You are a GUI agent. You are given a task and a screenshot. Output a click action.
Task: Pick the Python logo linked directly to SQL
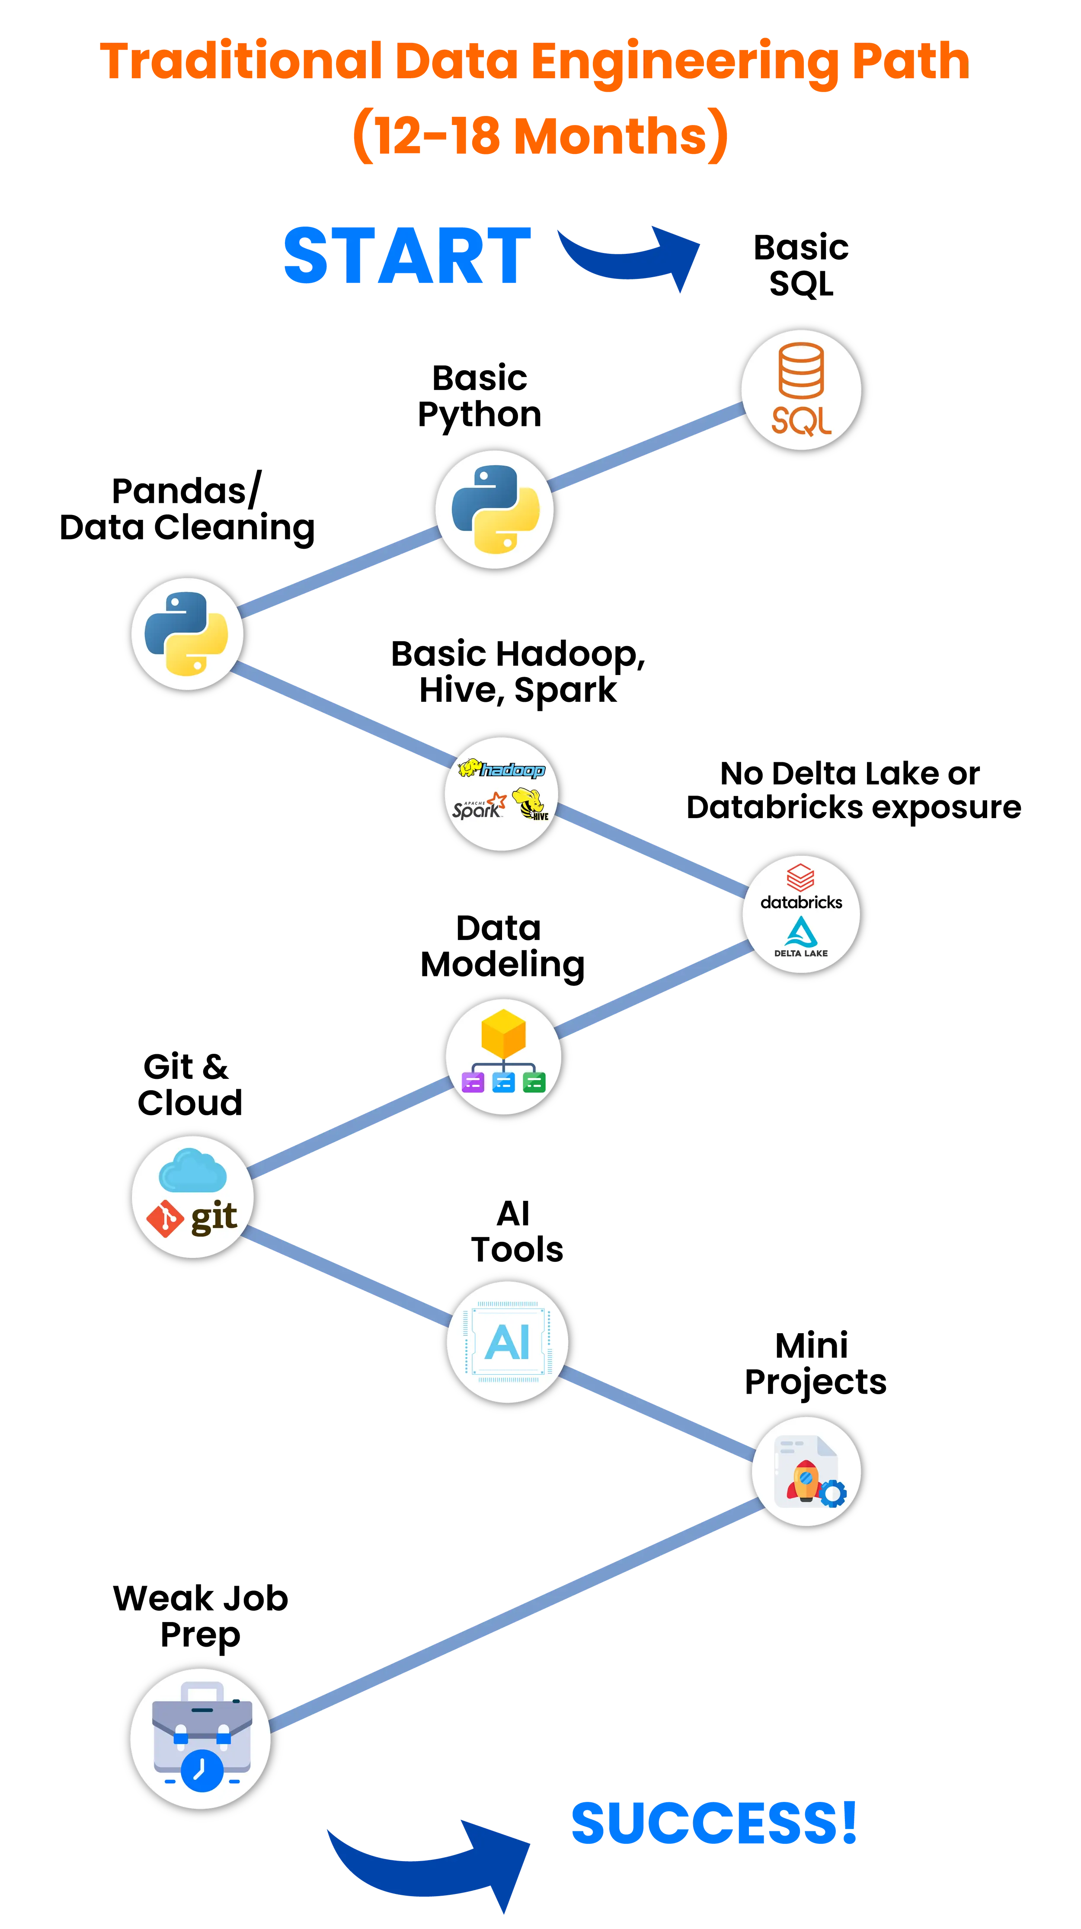495,509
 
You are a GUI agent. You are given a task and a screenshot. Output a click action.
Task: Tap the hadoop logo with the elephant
502,769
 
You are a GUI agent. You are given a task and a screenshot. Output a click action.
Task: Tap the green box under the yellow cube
534,1082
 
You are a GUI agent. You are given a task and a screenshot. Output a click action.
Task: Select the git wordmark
214,1216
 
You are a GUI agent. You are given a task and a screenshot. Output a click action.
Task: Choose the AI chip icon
508,1341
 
